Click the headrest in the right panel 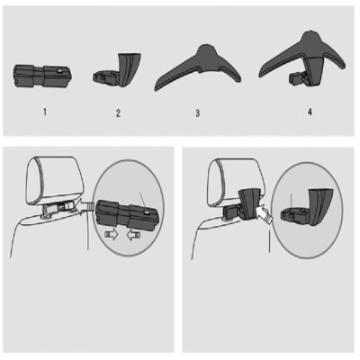click(224, 182)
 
